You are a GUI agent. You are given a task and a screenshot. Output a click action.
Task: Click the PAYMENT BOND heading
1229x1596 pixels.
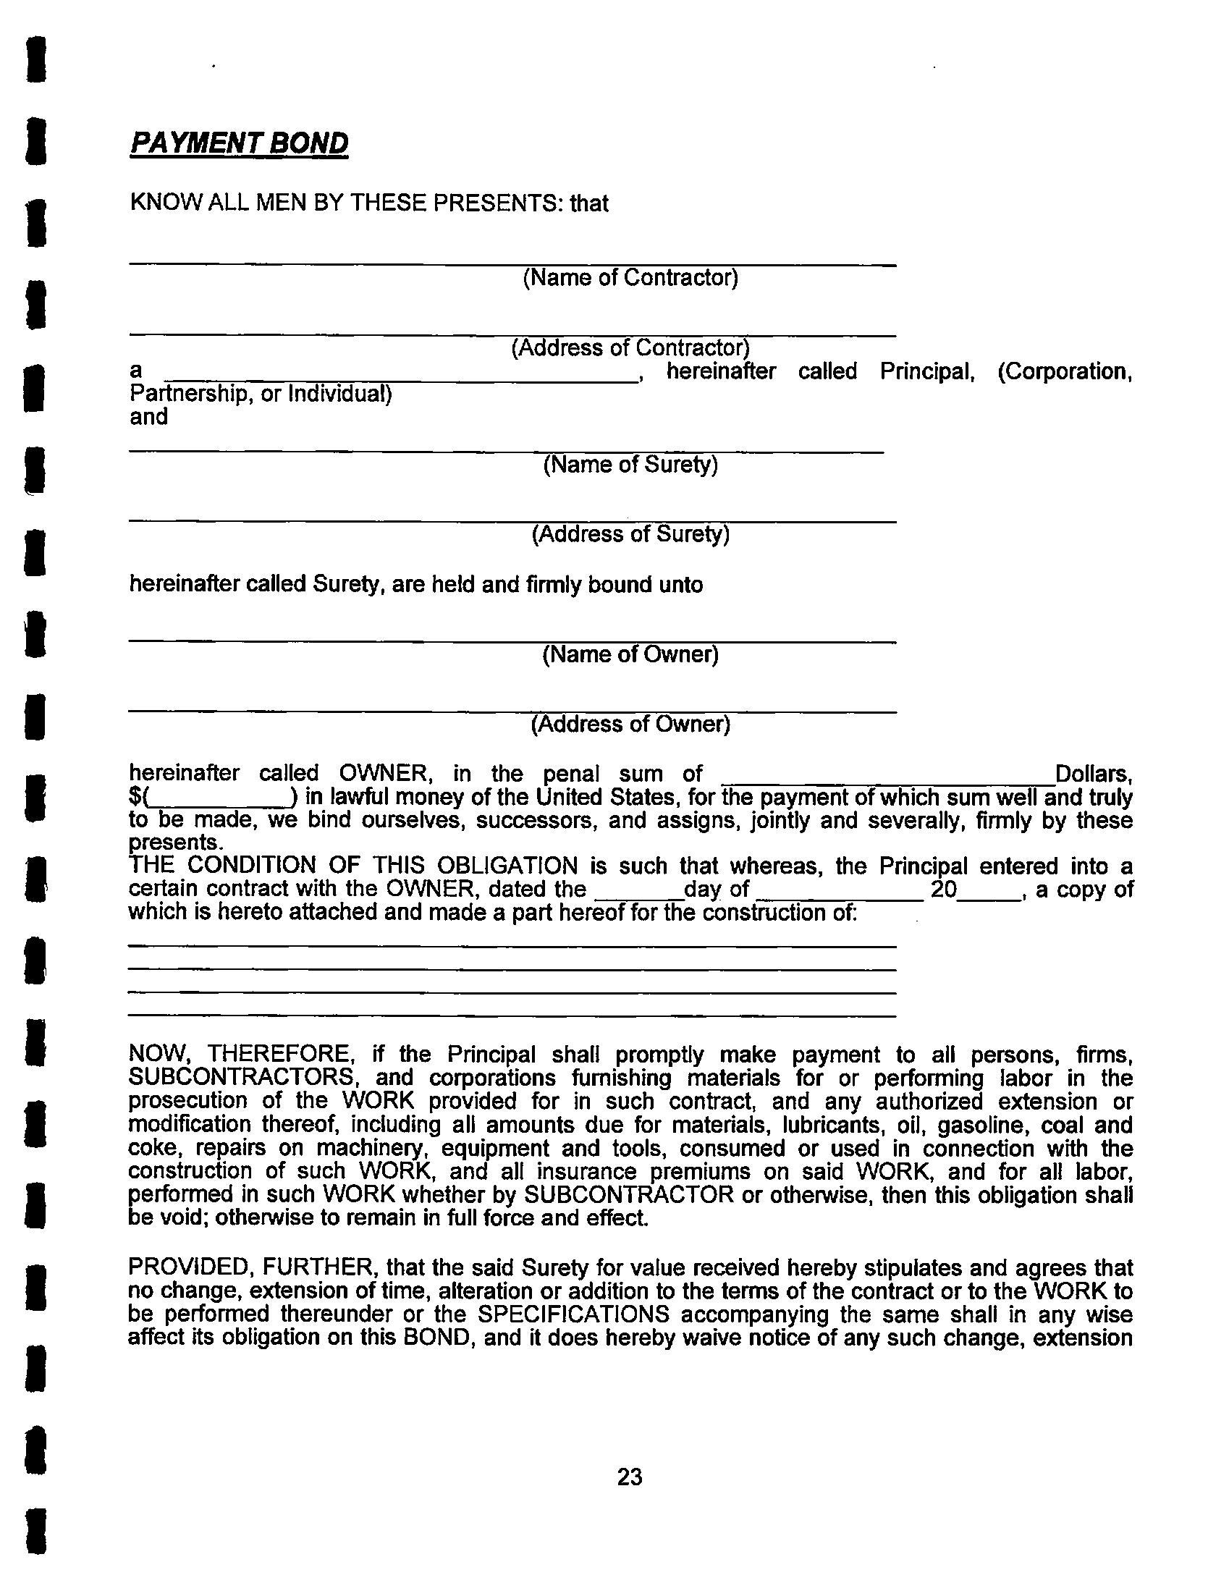(239, 143)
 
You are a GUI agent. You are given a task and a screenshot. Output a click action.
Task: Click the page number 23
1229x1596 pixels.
(630, 1477)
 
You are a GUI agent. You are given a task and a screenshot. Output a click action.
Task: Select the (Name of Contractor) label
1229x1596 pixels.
(630, 278)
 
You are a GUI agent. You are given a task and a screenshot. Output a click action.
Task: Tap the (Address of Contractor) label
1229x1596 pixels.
(630, 347)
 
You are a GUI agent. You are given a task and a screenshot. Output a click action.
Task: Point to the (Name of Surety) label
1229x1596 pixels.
(630, 465)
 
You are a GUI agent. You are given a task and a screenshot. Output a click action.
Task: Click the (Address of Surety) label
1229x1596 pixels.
(630, 534)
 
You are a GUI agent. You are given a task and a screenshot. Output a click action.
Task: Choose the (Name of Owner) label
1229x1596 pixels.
(630, 654)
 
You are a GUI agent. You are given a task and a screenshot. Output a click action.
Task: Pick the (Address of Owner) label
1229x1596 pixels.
(630, 725)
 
